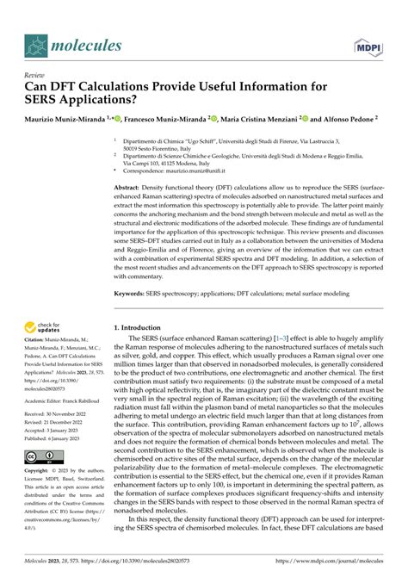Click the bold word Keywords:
(132, 293)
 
